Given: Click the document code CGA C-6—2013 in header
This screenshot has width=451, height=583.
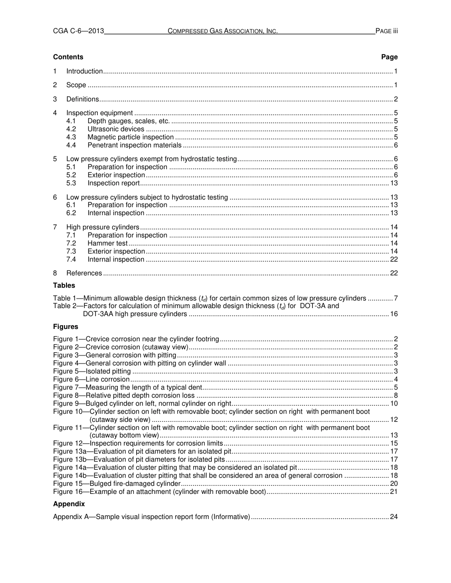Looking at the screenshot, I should (78, 31).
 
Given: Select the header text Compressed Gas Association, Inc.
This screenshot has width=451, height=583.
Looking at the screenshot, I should (223, 31).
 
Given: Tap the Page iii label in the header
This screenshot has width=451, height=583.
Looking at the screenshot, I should (386, 31).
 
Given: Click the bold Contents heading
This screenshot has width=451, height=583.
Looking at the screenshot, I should (68, 57).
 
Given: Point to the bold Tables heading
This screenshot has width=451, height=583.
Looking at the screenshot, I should (64, 285).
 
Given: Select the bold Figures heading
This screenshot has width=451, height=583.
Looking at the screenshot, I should (66, 327).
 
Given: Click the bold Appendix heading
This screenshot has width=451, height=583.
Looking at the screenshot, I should (69, 504).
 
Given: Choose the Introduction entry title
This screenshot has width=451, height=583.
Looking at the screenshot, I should (85, 71).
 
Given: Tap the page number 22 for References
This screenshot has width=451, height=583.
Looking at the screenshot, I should (394, 273).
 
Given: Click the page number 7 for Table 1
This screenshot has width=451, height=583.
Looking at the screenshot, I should (395, 298).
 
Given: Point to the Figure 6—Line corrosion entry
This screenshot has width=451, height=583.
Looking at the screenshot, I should (91, 379).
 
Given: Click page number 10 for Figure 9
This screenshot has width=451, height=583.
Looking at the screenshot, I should (394, 403).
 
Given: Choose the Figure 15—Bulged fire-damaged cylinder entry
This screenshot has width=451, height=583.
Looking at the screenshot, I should (117, 483).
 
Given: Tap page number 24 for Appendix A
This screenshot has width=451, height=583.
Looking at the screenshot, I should (394, 517).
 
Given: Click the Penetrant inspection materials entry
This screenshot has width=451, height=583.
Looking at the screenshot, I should (134, 145).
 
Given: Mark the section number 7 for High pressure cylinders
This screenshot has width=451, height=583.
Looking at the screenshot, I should (55, 227).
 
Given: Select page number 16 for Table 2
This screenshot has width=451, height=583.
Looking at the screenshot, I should (394, 314).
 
